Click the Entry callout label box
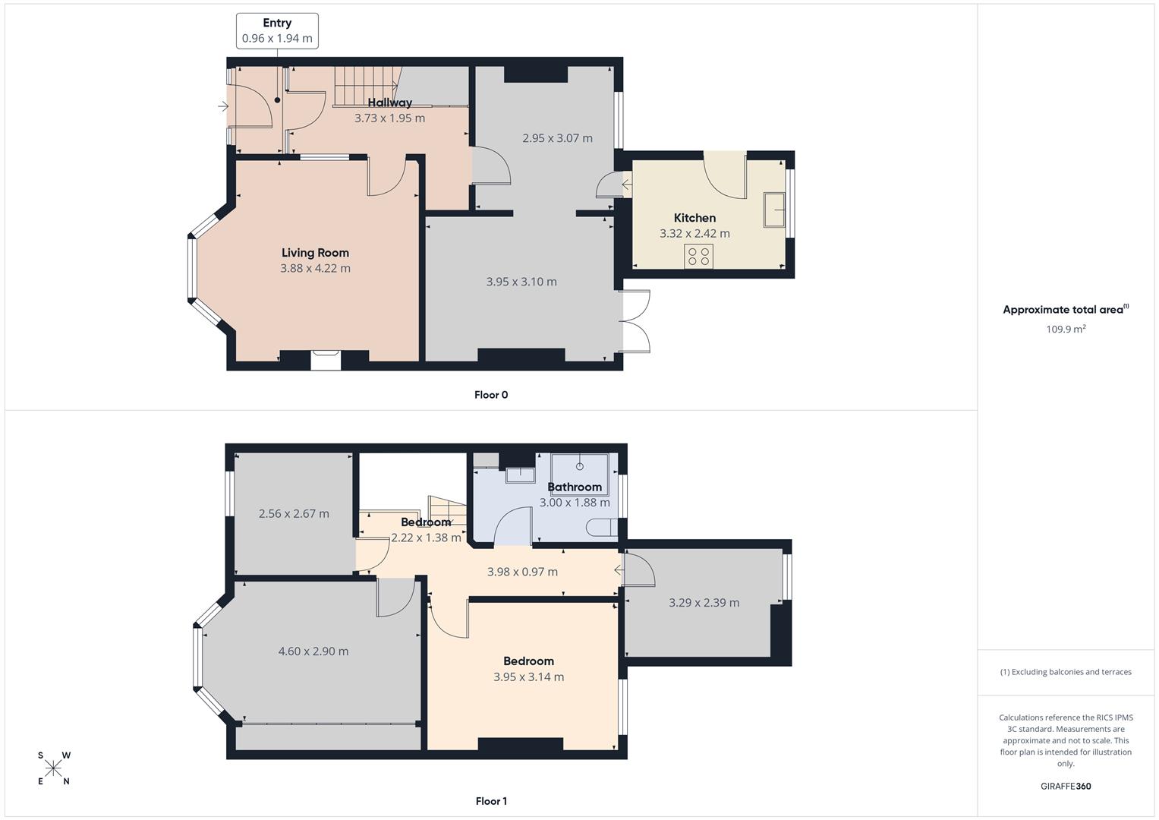click(x=277, y=31)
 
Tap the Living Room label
click(x=315, y=253)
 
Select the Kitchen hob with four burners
click(x=698, y=257)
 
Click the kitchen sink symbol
click(x=774, y=210)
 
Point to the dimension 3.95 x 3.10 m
click(x=521, y=282)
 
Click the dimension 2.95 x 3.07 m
click(x=557, y=138)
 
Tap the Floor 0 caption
click(x=491, y=395)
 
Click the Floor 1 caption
click(x=491, y=801)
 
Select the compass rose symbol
click(x=53, y=768)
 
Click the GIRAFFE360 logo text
click(x=1066, y=787)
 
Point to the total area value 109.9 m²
click(x=1066, y=330)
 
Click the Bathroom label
click(x=575, y=487)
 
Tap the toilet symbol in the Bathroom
click(x=605, y=528)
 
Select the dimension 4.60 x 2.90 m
click(x=313, y=651)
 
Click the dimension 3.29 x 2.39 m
click(x=704, y=603)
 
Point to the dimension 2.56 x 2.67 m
click(x=294, y=514)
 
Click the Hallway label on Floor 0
click(x=390, y=102)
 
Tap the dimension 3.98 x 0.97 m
click(x=522, y=572)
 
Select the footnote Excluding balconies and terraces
click(x=1066, y=672)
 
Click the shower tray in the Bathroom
click(x=579, y=473)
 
